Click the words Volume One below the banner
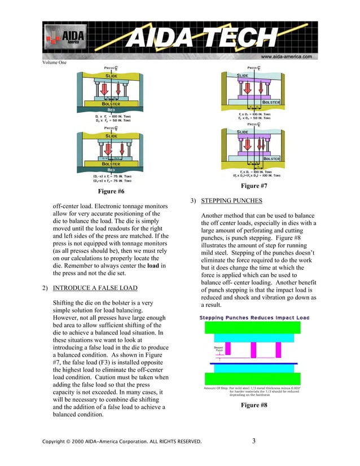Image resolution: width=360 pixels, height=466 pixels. coord(55,63)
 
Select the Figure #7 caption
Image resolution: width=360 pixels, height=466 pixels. coord(254,186)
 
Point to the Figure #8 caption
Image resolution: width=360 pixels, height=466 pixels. coord(254,405)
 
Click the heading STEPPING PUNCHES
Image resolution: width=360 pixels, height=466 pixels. coord(227,201)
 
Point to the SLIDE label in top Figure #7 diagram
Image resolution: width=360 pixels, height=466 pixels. coord(243,75)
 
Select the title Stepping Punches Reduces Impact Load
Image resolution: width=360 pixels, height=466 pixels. coord(254,318)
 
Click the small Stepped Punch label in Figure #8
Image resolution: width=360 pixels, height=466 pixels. coord(215,350)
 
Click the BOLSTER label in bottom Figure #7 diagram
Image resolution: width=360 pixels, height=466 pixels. coord(274,159)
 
